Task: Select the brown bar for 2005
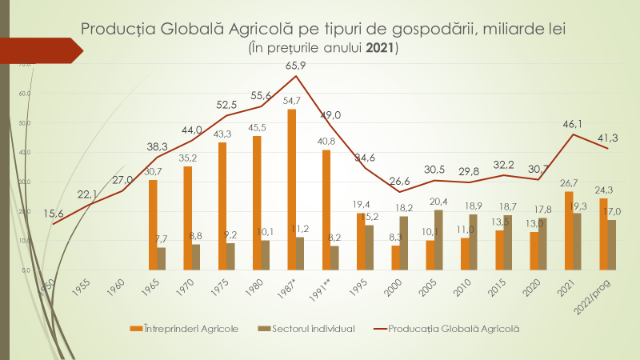pos(439,239)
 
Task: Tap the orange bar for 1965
pos(153,225)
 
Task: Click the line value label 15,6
pos(54,211)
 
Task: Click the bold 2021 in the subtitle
pos(379,48)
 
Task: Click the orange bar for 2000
pos(394,258)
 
